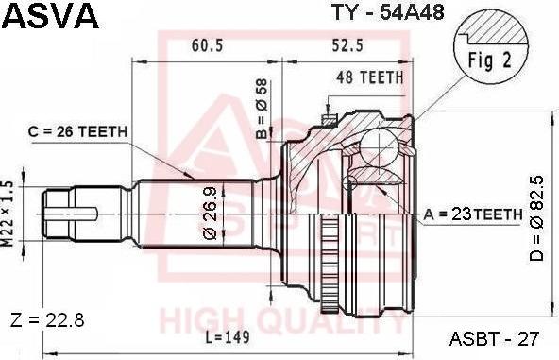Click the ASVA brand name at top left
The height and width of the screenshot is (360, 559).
point(50,15)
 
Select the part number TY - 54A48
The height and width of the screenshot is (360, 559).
point(388,12)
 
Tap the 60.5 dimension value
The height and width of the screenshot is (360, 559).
point(207,45)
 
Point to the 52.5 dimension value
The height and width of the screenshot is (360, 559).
point(347,45)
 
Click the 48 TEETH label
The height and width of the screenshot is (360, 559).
point(370,77)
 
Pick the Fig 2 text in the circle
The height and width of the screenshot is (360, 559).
point(490,60)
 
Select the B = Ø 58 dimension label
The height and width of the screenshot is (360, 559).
point(263,109)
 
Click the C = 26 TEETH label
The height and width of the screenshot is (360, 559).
point(77,131)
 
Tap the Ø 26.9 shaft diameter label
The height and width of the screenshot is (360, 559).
point(210,213)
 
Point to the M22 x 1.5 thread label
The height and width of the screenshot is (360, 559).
point(8,214)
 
